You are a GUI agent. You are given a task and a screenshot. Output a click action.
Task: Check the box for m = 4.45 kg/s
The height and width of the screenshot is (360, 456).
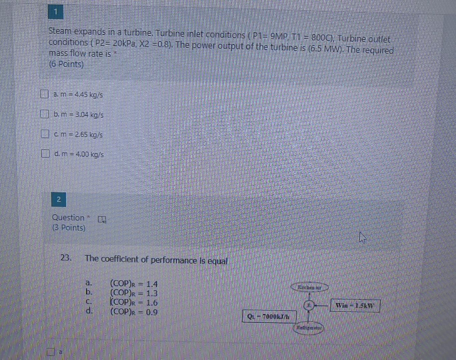(x=44, y=94)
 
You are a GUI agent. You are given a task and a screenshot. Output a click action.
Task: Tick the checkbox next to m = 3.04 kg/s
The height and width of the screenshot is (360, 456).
(x=44, y=114)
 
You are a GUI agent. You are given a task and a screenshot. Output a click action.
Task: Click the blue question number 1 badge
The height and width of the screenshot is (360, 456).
(x=56, y=12)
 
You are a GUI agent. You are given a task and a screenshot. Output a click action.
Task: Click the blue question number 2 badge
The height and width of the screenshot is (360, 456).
(x=59, y=200)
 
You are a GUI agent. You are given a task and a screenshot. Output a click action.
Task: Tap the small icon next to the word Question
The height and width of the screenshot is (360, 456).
(x=102, y=219)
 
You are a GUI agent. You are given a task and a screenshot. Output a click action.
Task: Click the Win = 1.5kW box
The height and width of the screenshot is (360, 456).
(x=355, y=305)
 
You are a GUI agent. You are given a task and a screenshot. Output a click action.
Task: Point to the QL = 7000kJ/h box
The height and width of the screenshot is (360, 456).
(x=269, y=316)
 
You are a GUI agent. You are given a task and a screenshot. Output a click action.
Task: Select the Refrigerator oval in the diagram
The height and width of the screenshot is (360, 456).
(x=309, y=328)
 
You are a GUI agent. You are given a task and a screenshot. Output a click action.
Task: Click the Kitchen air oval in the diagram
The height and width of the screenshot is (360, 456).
(x=310, y=287)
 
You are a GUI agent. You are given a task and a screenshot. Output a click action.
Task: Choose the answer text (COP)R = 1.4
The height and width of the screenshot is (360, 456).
(x=134, y=284)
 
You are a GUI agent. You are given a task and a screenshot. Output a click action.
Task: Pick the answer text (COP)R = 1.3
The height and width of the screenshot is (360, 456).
(x=134, y=293)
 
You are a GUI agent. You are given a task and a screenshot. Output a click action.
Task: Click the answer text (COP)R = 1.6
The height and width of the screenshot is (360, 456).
(x=134, y=303)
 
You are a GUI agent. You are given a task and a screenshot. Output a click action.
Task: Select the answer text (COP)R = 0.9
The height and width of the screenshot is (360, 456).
(x=134, y=312)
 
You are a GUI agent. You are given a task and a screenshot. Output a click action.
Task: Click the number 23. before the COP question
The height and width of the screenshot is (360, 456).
(x=66, y=258)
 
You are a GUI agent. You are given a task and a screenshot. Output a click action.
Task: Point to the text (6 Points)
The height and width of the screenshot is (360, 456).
(x=66, y=64)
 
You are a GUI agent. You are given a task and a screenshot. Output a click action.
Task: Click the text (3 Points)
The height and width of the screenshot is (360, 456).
(x=69, y=228)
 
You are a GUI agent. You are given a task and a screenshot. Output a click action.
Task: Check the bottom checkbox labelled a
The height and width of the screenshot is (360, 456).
(x=50, y=352)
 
